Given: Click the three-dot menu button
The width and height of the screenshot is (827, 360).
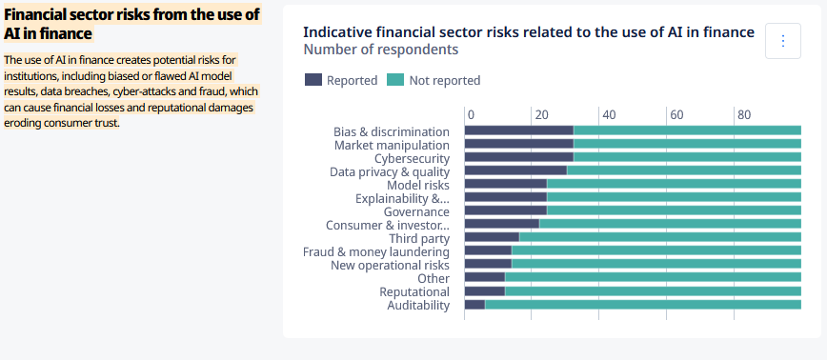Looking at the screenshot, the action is click(783, 41).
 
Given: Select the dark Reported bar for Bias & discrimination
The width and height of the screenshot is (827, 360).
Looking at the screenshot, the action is click(519, 130).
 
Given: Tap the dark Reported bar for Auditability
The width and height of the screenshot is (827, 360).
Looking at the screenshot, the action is click(474, 304).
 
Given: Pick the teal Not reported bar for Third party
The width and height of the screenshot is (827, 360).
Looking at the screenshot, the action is click(660, 237).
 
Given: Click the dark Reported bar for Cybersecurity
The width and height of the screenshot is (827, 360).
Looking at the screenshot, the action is click(519, 156).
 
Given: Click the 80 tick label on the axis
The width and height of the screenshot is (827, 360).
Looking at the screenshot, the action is click(744, 115).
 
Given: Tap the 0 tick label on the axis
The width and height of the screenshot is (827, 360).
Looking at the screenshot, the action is click(471, 115).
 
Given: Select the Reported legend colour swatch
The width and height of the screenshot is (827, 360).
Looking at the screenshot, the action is click(313, 80).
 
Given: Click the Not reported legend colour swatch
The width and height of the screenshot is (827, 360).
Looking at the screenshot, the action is click(395, 80).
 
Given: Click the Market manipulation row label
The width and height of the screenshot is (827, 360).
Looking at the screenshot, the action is click(392, 145).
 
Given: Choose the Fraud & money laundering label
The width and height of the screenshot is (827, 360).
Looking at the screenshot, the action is click(376, 251).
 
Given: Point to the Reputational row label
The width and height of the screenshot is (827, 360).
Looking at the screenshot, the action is click(414, 292).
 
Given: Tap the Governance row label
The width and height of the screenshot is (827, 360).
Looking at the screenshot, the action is click(416, 211).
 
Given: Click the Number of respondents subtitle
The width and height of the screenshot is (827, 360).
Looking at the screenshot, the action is click(381, 50).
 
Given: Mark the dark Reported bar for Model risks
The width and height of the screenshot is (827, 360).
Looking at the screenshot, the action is click(506, 184).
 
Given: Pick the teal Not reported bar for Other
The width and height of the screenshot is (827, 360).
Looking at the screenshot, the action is click(653, 277).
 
